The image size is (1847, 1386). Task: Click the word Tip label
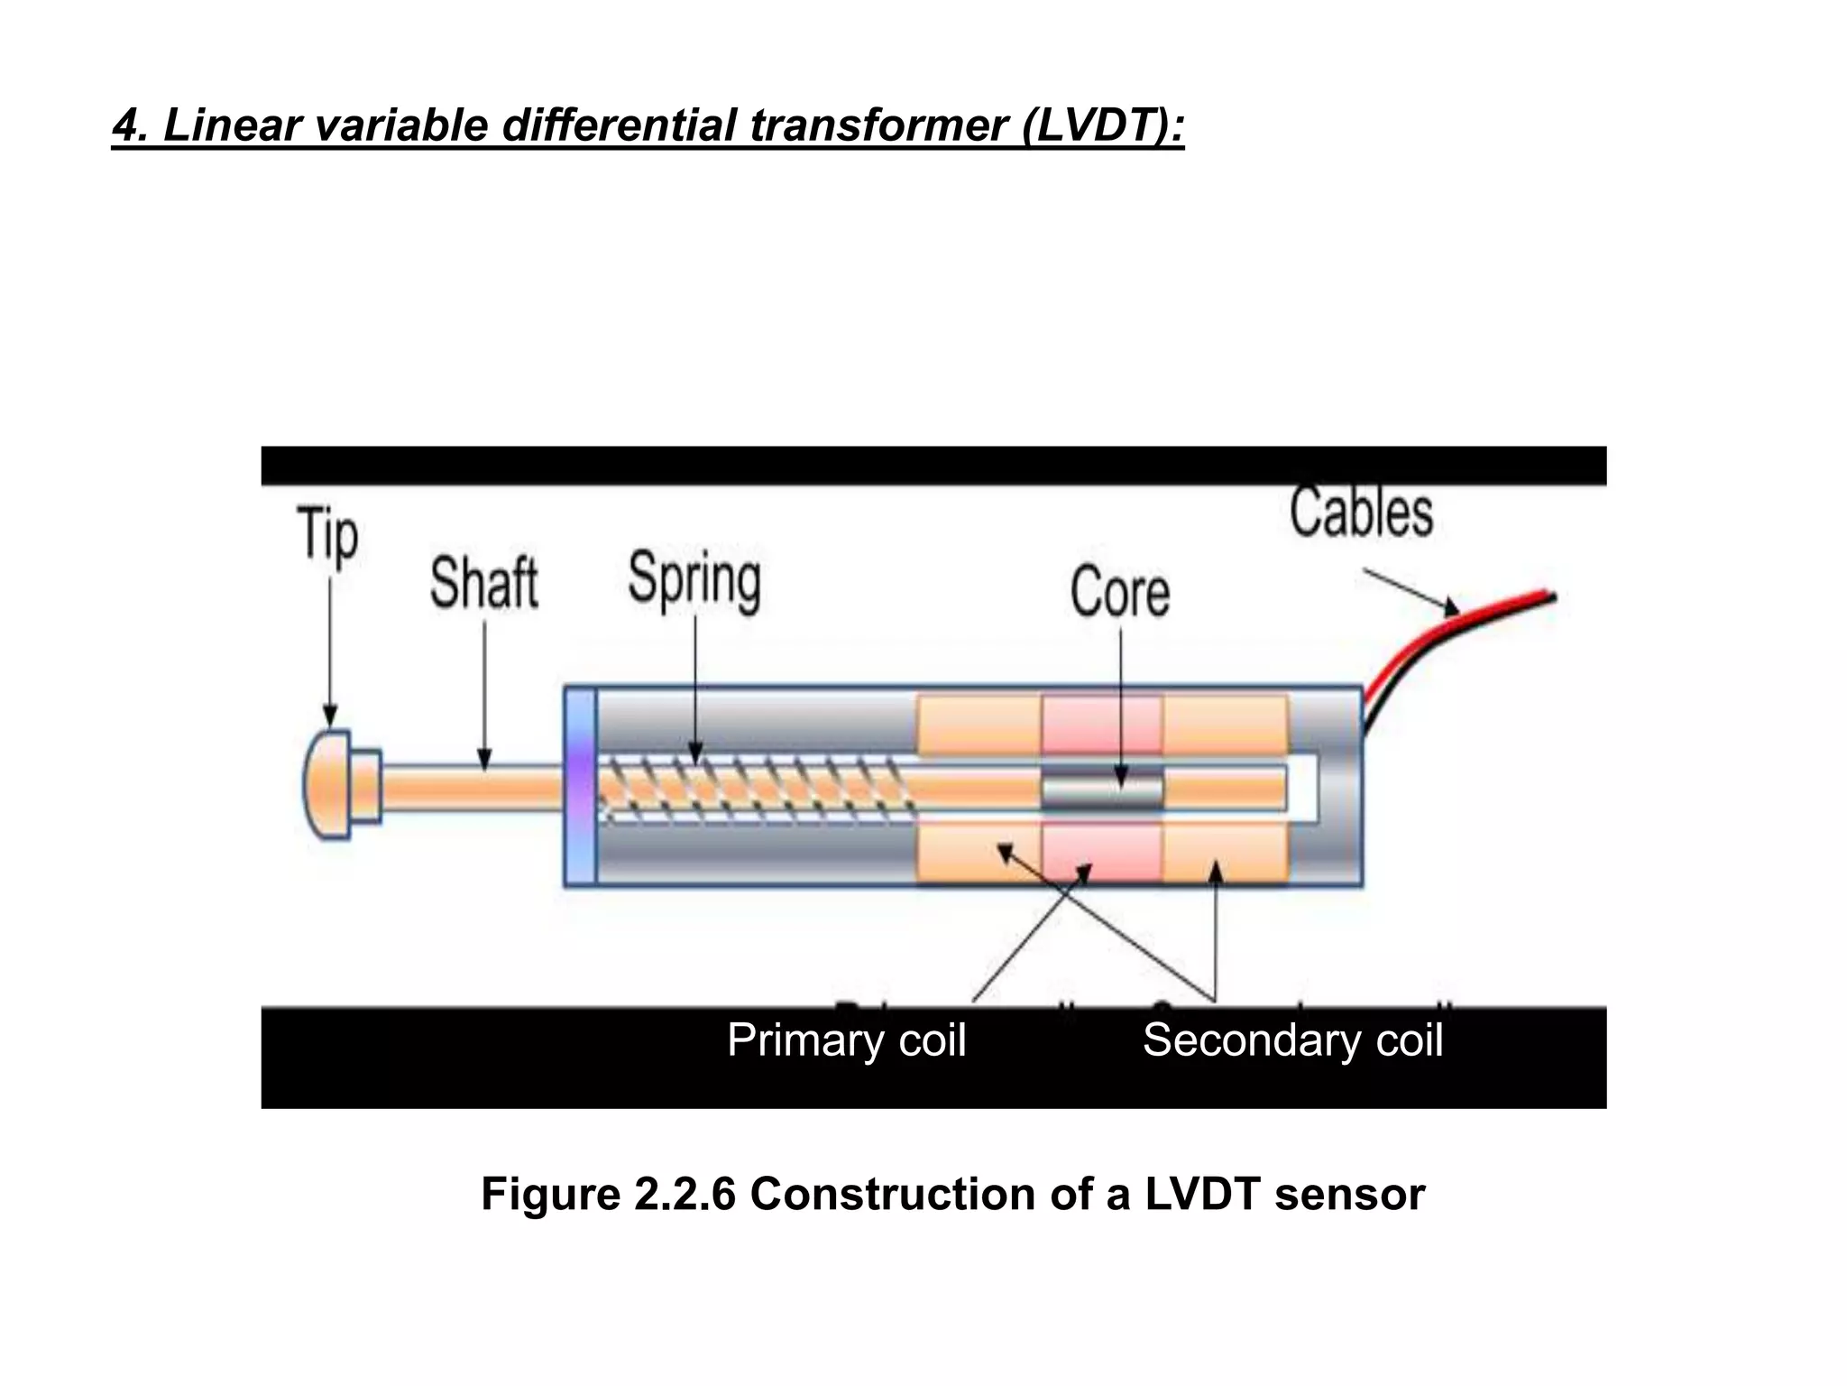click(328, 536)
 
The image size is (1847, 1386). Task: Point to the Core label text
click(1120, 592)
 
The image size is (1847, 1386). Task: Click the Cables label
click(1361, 513)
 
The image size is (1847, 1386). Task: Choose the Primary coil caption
click(846, 1039)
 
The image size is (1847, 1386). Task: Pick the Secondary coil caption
click(1292, 1039)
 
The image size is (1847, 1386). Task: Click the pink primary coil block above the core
click(1101, 725)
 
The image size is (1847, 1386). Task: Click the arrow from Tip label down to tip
click(329, 650)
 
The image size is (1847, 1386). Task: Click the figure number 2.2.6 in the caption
click(685, 1194)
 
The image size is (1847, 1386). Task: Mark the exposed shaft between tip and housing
click(469, 786)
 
